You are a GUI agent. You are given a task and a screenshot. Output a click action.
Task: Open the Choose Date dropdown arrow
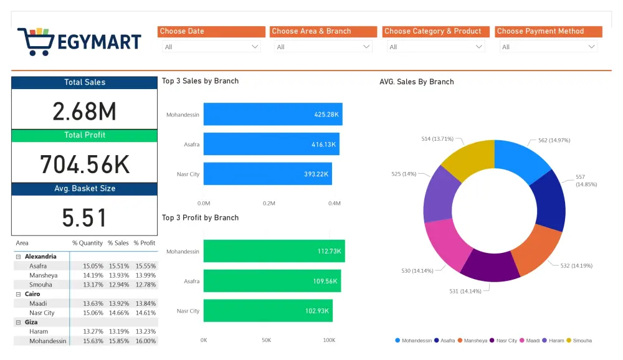point(255,47)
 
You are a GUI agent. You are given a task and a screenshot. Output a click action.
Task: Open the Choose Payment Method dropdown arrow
point(591,47)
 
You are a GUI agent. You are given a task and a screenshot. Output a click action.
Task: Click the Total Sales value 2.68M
point(85,111)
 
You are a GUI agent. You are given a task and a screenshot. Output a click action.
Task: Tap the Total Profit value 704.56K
point(85,164)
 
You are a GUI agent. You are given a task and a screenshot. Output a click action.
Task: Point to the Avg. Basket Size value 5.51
point(85,217)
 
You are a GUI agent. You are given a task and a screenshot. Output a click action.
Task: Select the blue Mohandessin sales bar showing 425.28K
point(272,115)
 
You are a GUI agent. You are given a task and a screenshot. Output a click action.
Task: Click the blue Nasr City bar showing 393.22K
point(267,174)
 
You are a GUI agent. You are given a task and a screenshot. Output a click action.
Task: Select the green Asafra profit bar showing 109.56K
point(272,281)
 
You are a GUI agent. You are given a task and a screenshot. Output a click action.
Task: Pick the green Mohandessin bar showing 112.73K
point(273,251)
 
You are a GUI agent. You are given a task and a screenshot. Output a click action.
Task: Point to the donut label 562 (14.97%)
point(554,140)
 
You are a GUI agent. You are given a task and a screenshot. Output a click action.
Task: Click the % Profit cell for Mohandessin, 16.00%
point(145,341)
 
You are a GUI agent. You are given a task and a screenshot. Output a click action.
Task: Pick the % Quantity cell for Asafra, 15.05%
point(93,266)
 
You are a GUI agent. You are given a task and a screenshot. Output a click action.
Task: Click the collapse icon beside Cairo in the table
point(18,294)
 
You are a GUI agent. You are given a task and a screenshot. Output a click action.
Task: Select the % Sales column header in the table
point(118,243)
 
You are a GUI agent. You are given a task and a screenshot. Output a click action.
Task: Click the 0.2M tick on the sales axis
point(269,203)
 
